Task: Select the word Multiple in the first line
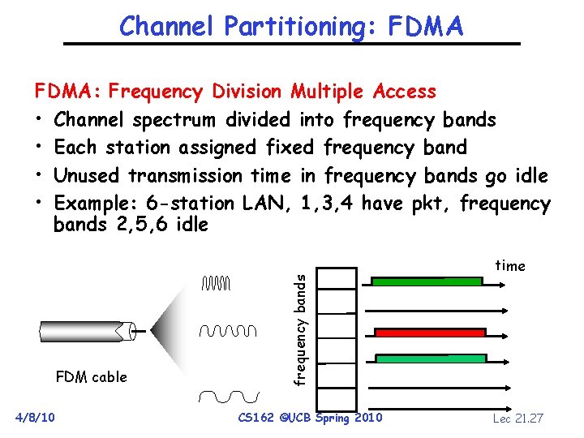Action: pos(328,92)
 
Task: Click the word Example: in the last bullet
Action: pos(96,203)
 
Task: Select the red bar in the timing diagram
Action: pos(430,333)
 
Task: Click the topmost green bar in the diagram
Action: pos(427,281)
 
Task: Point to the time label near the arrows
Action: pos(510,266)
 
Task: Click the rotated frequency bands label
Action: pos(300,328)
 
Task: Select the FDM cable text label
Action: pos(91,376)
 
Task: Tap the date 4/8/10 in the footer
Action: pos(36,417)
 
